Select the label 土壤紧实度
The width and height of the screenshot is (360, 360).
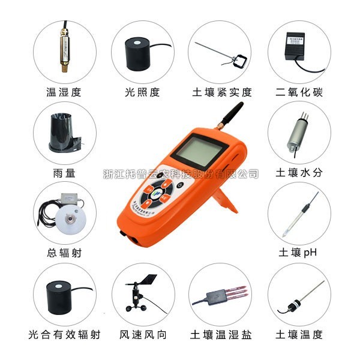[221, 92]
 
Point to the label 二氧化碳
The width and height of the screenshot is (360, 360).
[299, 92]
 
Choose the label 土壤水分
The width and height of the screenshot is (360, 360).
[299, 173]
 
